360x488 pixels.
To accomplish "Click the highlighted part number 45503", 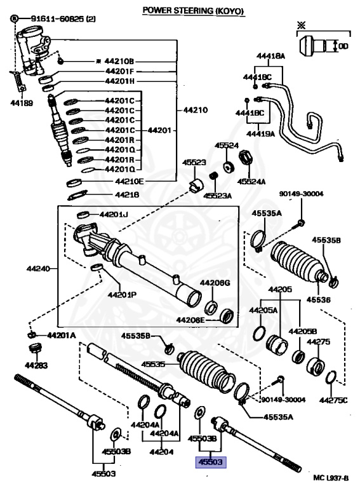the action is [x=210, y=462].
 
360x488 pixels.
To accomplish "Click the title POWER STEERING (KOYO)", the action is [x=193, y=10].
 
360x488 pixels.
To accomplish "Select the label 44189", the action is [x=22, y=103].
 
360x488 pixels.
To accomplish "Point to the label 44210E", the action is [x=129, y=181].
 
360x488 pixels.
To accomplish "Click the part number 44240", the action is [x=38, y=268].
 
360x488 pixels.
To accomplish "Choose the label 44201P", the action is [x=122, y=294].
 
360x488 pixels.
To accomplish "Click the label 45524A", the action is [x=251, y=181].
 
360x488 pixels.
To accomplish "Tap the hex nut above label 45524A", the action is [x=246, y=158].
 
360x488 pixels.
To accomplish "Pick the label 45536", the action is [x=319, y=300].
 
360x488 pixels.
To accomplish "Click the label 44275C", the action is [x=333, y=400].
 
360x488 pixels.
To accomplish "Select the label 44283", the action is [x=36, y=365].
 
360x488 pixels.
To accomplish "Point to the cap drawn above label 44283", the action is [x=36, y=348].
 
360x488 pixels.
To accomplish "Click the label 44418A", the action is [x=270, y=56].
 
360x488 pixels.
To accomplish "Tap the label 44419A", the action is [x=260, y=133].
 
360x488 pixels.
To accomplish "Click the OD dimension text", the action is [x=343, y=46].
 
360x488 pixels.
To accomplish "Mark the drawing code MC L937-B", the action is [x=331, y=478].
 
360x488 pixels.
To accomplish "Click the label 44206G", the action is [x=215, y=283].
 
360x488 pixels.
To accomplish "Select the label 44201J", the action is [x=114, y=214].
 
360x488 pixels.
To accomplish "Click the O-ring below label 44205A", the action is [x=259, y=334].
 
